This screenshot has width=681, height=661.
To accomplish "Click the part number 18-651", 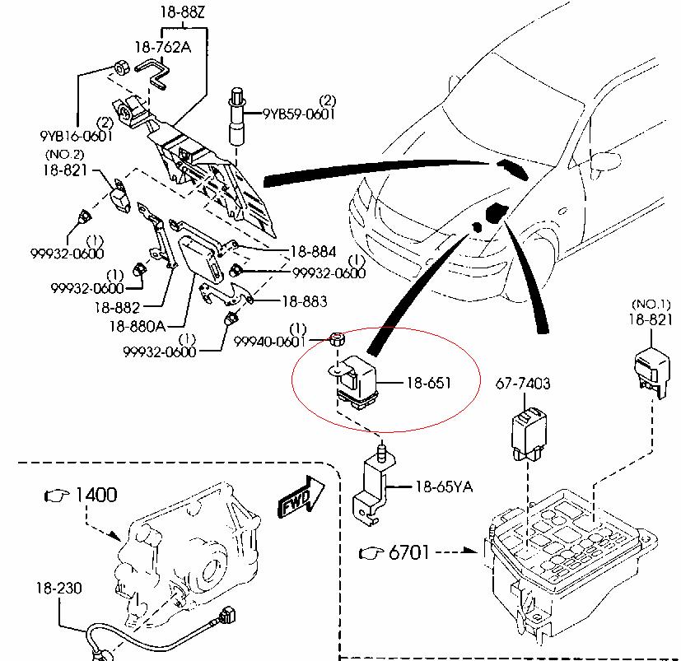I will click(428, 383).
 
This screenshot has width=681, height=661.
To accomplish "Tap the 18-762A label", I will click(162, 46).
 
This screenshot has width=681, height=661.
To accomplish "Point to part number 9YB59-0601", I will click(299, 114).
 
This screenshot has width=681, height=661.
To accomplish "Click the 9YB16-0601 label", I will click(75, 137).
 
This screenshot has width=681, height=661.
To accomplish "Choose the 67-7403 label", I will click(523, 384).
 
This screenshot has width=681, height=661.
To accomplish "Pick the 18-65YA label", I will click(443, 487).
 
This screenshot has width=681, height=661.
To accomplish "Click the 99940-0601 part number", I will click(270, 341).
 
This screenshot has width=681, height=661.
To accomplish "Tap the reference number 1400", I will click(96, 495).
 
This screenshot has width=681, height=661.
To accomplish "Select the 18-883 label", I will click(304, 302).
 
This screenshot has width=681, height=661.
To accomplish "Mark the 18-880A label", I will click(137, 326).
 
